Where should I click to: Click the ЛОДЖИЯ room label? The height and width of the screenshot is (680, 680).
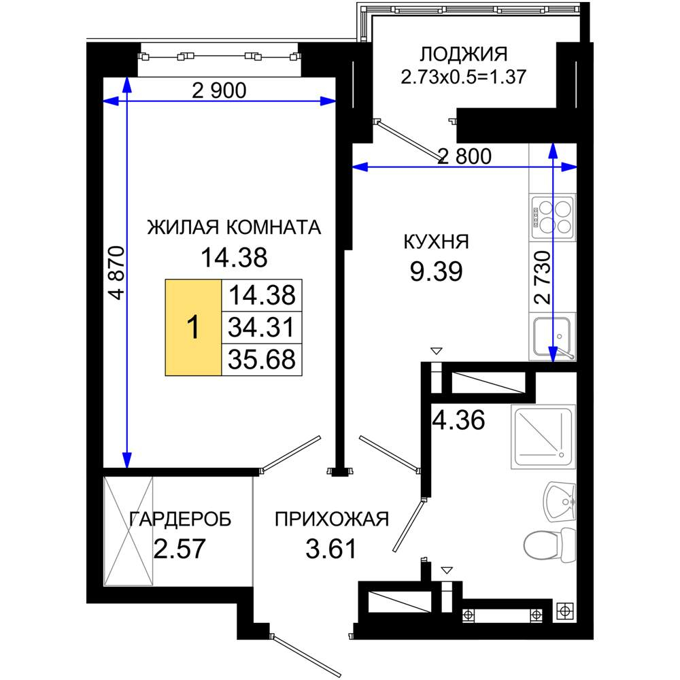pyautogui.click(x=464, y=54)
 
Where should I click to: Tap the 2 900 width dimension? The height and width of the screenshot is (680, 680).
pyautogui.click(x=219, y=90)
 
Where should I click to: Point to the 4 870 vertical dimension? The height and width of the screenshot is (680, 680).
pyautogui.click(x=117, y=273)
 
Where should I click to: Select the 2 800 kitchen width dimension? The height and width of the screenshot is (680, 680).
pyautogui.click(x=464, y=156)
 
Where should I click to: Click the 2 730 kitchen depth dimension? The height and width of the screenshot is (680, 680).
pyautogui.click(x=543, y=277)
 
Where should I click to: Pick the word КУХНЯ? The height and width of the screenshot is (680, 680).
pyautogui.click(x=437, y=241)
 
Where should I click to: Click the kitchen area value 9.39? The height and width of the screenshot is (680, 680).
pyautogui.click(x=437, y=271)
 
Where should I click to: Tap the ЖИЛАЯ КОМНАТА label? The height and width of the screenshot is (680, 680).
pyautogui.click(x=234, y=227)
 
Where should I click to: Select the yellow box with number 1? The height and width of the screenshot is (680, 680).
pyautogui.click(x=193, y=327)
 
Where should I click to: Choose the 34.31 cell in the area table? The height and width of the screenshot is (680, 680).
pyautogui.click(x=262, y=327)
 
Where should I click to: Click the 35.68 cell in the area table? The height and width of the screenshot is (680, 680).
pyautogui.click(x=262, y=359)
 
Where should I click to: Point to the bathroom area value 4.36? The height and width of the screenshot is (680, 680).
pyautogui.click(x=459, y=420)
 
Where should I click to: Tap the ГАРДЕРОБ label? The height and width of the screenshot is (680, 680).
pyautogui.click(x=180, y=519)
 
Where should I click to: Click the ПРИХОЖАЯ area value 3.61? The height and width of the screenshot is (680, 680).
pyautogui.click(x=331, y=549)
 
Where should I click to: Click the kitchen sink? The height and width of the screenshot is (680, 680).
pyautogui.click(x=553, y=337)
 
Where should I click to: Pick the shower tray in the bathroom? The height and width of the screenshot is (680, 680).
pyautogui.click(x=543, y=437)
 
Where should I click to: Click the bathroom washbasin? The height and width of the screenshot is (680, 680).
pyautogui.click(x=560, y=503)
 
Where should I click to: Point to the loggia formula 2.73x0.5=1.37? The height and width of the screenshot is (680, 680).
pyautogui.click(x=464, y=77)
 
